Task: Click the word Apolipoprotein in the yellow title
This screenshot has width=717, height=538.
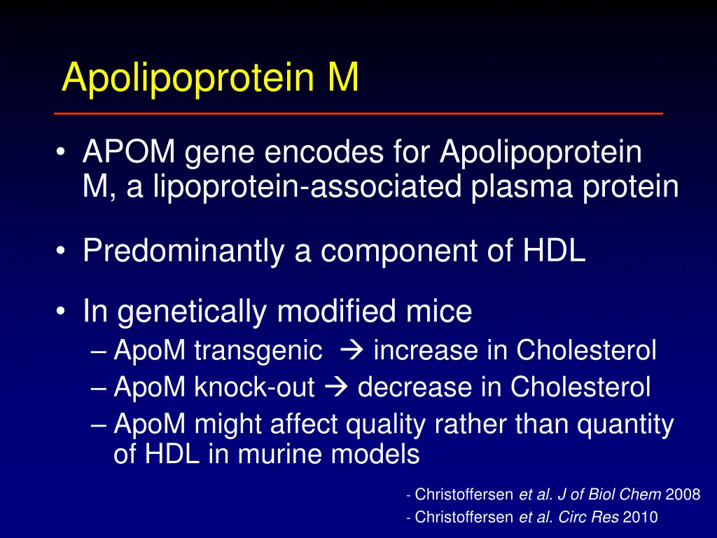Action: click(x=188, y=78)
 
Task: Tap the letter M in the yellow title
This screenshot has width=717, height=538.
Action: click(x=343, y=78)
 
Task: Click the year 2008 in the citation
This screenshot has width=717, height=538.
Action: click(x=683, y=495)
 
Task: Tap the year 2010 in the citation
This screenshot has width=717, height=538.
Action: click(x=640, y=518)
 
